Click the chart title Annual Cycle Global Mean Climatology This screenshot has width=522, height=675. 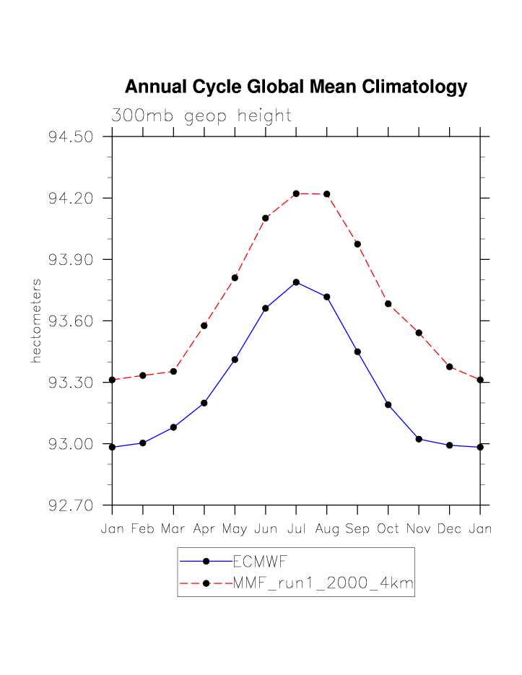pyautogui.click(x=296, y=87)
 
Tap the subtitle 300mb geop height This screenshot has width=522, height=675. pyautogui.click(x=201, y=116)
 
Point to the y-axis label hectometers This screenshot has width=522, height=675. pyautogui.click(x=36, y=321)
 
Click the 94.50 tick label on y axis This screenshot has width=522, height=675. pyautogui.click(x=71, y=137)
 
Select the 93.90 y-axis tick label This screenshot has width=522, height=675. pyautogui.click(x=71, y=260)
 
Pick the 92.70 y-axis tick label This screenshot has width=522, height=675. pyautogui.click(x=71, y=505)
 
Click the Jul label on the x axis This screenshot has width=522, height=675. pyautogui.click(x=296, y=529)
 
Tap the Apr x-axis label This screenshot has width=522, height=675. pyautogui.click(x=204, y=529)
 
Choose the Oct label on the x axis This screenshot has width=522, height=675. pyautogui.click(x=388, y=529)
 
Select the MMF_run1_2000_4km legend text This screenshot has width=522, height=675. pyautogui.click(x=323, y=583)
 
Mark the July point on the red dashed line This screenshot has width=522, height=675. pyautogui.click(x=296, y=193)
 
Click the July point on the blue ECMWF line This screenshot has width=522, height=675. pyautogui.click(x=296, y=282)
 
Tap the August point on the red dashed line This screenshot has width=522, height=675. pyautogui.click(x=327, y=194)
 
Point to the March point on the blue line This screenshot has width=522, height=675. pyautogui.click(x=173, y=427)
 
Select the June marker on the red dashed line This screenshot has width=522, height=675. pyautogui.click(x=266, y=218)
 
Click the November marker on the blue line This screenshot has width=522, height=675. pyautogui.click(x=419, y=439)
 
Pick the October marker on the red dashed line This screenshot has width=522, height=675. pyautogui.click(x=388, y=304)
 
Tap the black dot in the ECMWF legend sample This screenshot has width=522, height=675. pyautogui.click(x=206, y=561)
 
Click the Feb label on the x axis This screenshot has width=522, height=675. pyautogui.click(x=143, y=529)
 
